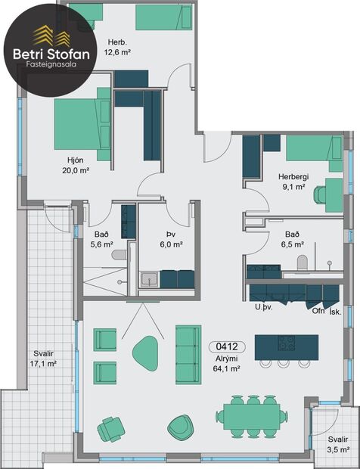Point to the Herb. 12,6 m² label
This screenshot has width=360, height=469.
coord(116,47)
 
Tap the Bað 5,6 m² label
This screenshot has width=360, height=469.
coord(101,239)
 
